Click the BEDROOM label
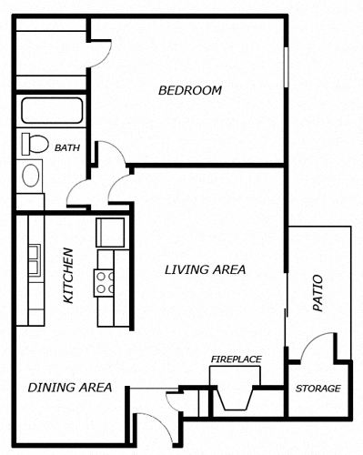click(x=190, y=90)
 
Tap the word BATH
click(x=67, y=148)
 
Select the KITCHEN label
click(x=68, y=276)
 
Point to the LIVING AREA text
click(x=205, y=269)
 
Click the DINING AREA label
click(x=70, y=388)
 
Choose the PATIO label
click(x=318, y=293)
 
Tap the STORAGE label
click(x=318, y=389)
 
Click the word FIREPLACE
click(x=237, y=359)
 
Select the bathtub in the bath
click(x=52, y=110)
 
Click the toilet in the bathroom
click(x=35, y=144)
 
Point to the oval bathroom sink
click(x=31, y=176)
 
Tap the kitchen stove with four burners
click(x=104, y=283)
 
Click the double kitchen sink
click(x=35, y=260)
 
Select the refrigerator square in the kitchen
click(x=110, y=232)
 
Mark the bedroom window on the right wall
click(x=286, y=67)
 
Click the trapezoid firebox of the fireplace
click(x=236, y=399)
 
